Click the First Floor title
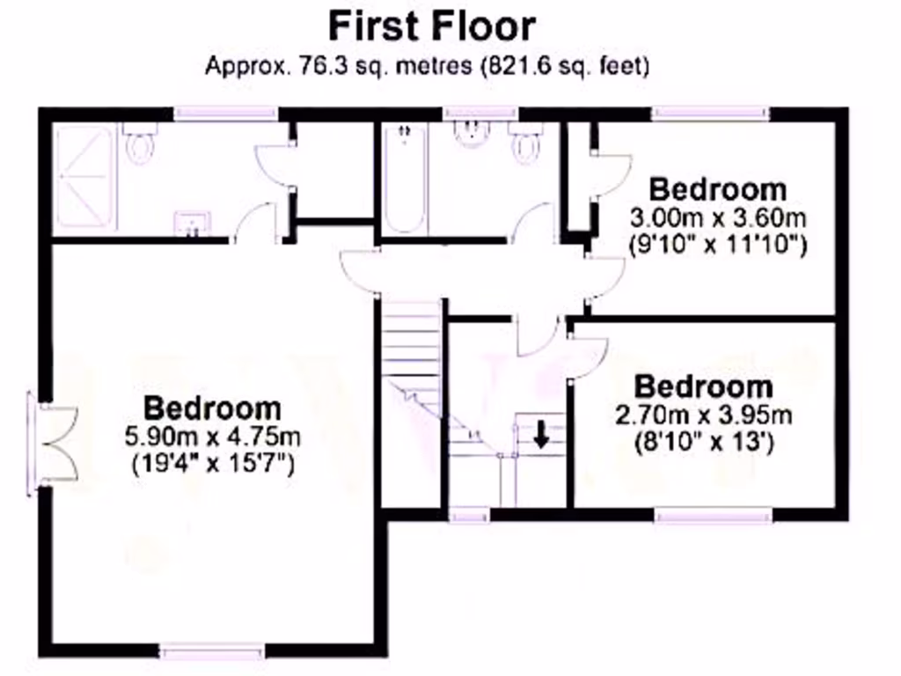click(431, 26)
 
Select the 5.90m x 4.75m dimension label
click(214, 436)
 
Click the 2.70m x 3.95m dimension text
click(704, 415)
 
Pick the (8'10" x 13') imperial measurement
click(704, 441)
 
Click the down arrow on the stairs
click(540, 432)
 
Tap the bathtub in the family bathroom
click(404, 180)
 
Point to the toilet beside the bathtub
click(527, 143)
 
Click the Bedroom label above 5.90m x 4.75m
click(213, 408)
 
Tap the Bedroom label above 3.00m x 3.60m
click(718, 189)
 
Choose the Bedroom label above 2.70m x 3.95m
click(704, 386)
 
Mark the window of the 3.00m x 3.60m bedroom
click(710, 113)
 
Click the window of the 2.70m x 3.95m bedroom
click(714, 515)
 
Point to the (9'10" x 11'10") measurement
click(719, 244)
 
